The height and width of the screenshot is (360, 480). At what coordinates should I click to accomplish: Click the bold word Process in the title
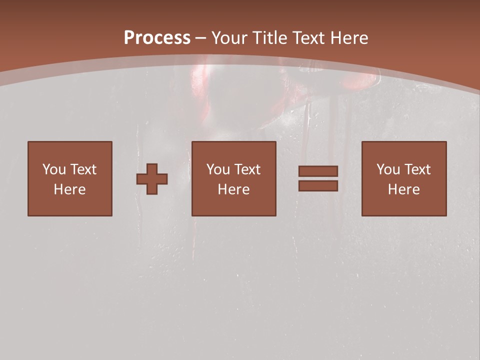tap(157, 38)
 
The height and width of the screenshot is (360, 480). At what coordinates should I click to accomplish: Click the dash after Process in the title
tap(200, 38)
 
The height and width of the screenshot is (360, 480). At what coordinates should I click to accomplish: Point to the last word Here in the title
tap(349, 38)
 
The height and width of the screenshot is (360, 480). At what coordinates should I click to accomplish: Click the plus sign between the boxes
tap(152, 178)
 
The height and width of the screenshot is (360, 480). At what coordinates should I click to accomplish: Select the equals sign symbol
tap(318, 178)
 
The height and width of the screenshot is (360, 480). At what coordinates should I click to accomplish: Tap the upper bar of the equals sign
tap(318, 171)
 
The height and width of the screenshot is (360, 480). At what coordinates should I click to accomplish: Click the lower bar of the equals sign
tap(318, 185)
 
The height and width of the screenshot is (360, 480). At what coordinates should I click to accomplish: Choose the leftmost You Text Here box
tap(70, 178)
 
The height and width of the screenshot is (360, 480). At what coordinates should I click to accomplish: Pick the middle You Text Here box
tap(233, 178)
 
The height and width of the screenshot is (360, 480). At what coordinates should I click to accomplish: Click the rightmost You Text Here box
tap(403, 178)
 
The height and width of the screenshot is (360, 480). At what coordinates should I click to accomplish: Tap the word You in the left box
tap(53, 169)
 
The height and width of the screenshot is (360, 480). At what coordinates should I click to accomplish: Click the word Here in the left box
tap(70, 189)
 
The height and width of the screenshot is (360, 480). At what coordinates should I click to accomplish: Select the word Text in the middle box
tap(247, 169)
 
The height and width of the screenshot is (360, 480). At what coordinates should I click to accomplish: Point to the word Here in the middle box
tap(233, 189)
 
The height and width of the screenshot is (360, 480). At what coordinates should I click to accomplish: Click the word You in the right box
tap(387, 169)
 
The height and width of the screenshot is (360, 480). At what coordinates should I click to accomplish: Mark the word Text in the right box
tap(417, 169)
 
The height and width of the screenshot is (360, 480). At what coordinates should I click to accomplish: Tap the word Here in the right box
tap(403, 189)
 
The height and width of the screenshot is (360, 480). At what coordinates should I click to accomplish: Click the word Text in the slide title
tap(308, 38)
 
